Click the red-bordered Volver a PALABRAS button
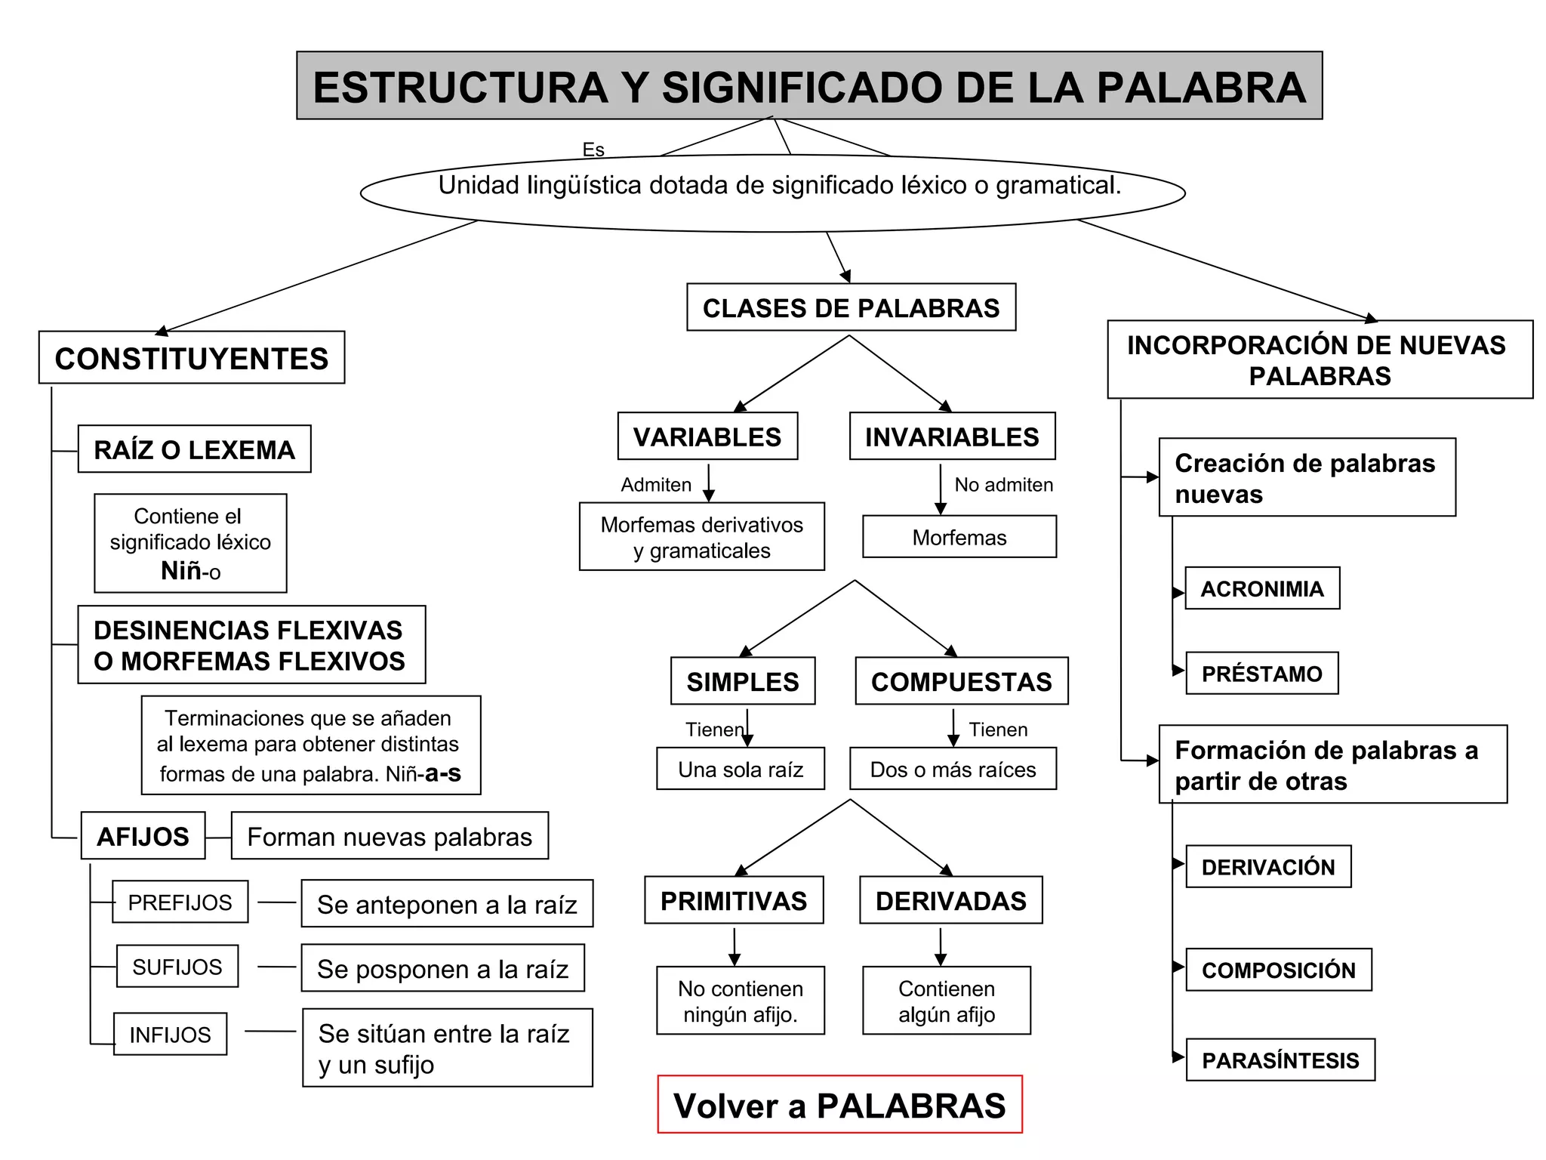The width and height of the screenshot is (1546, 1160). [x=839, y=1105]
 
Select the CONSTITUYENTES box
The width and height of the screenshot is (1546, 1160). [x=192, y=358]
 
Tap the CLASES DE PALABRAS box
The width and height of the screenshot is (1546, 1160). [x=851, y=307]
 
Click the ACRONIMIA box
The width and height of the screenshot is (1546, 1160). [x=1262, y=588]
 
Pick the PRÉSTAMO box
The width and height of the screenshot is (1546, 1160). [x=1261, y=673]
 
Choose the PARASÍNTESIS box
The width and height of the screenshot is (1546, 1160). [x=1280, y=1060]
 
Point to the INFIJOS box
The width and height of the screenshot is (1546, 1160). [x=170, y=1034]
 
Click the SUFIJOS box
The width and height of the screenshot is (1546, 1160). [x=177, y=967]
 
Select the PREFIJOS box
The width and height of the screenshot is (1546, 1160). [x=180, y=902]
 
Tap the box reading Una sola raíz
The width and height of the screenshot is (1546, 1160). [x=741, y=769]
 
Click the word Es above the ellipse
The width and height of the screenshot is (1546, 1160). [x=593, y=150]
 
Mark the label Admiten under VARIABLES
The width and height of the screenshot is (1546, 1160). [x=656, y=485]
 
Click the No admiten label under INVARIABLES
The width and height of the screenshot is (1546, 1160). [x=1003, y=485]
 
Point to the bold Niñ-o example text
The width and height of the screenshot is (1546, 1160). [x=190, y=570]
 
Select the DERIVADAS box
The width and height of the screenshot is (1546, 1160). [x=950, y=900]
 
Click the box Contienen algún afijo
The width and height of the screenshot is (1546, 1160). [x=947, y=1001]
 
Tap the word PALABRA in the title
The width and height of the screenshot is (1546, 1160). [x=1201, y=87]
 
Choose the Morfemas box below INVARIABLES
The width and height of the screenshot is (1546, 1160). [x=959, y=537]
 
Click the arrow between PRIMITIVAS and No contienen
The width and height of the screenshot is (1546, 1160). [x=735, y=947]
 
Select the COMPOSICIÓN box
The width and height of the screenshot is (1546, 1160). [x=1278, y=970]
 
